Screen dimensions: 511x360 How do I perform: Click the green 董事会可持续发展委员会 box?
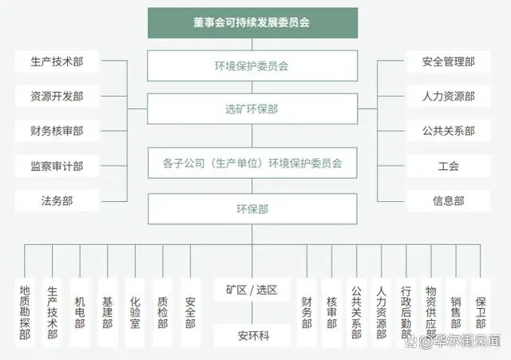point(252,23)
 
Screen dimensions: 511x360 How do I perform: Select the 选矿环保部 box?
point(252,109)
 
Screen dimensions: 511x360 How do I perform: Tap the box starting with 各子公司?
point(252,163)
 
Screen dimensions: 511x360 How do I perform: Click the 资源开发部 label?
point(57,97)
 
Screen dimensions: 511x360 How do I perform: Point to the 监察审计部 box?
point(57,166)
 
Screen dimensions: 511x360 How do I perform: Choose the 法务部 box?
point(57,201)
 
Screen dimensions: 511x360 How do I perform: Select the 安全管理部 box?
point(449,61)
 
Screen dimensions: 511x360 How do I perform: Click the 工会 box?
point(449,166)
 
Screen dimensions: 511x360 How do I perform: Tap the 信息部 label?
point(449,201)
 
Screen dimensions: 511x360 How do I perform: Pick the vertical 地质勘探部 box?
point(25,312)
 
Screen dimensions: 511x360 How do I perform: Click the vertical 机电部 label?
point(80,312)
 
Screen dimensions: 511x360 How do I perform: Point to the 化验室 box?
point(135,312)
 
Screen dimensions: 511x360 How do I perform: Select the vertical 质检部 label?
point(163,312)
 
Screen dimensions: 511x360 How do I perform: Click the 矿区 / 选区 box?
point(252,290)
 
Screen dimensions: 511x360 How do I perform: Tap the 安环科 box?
point(252,335)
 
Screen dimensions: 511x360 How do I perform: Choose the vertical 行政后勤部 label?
point(406,312)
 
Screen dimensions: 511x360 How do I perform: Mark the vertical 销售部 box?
point(456,312)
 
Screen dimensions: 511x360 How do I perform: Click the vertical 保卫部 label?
point(481,312)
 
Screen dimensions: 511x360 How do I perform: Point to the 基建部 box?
point(108,312)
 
